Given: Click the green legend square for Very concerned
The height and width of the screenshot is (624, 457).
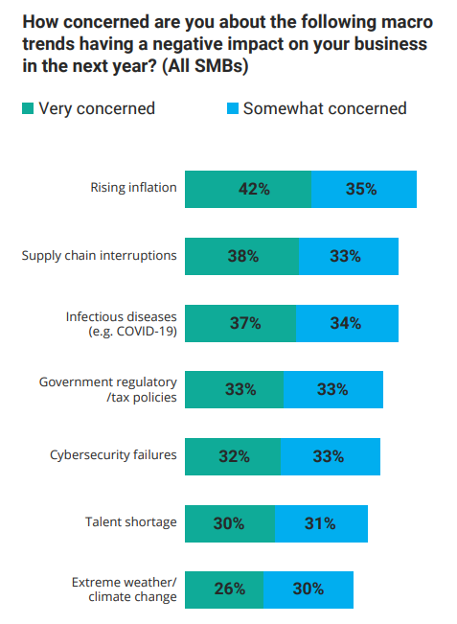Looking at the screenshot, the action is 28,108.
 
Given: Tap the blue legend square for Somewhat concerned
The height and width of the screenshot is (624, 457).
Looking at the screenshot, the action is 232,108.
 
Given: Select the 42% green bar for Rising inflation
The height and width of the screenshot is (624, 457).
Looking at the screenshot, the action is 248,190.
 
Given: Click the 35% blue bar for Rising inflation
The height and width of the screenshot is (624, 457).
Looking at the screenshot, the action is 364,190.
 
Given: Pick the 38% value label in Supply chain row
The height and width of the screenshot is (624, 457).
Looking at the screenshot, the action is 243,256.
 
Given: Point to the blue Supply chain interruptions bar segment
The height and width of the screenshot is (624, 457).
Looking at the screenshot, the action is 349,256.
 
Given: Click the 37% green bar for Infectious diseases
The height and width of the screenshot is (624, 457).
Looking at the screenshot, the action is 240,323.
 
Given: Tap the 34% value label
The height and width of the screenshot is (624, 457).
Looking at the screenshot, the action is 346,323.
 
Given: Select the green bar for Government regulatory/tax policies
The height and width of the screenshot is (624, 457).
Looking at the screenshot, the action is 235,389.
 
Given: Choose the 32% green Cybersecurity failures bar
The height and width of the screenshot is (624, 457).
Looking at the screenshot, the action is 233,456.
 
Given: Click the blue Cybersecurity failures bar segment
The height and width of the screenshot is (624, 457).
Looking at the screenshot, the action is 331,456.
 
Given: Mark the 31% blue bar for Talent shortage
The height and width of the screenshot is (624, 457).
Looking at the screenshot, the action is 321,523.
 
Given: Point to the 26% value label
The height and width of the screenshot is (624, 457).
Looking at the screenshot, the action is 230,589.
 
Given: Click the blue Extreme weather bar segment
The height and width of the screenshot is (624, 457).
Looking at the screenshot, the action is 308,590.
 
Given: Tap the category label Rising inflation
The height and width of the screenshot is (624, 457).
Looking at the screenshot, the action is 133,187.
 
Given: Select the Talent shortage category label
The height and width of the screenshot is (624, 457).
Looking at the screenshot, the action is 131,522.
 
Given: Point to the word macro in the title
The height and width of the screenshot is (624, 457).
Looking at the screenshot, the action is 407,22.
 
